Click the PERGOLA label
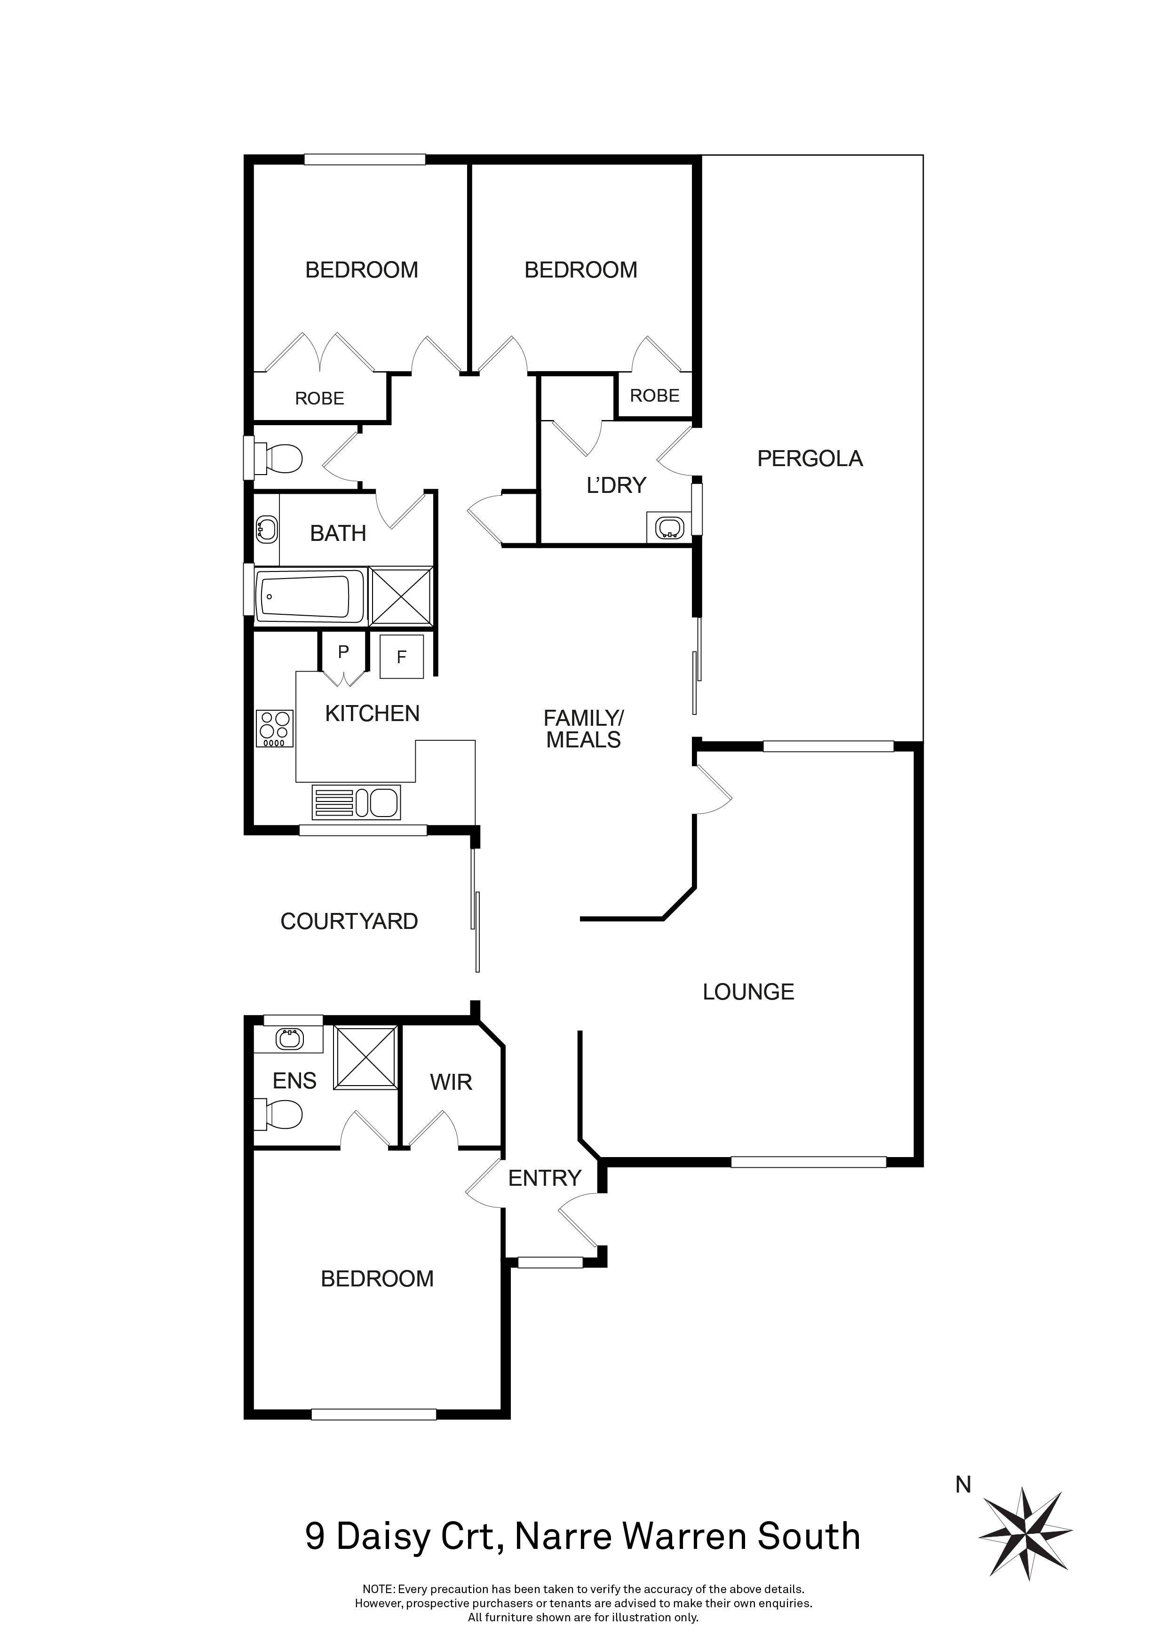(810, 459)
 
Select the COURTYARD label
(349, 921)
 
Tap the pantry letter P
(343, 652)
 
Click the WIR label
(451, 1082)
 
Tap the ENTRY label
(545, 1178)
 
